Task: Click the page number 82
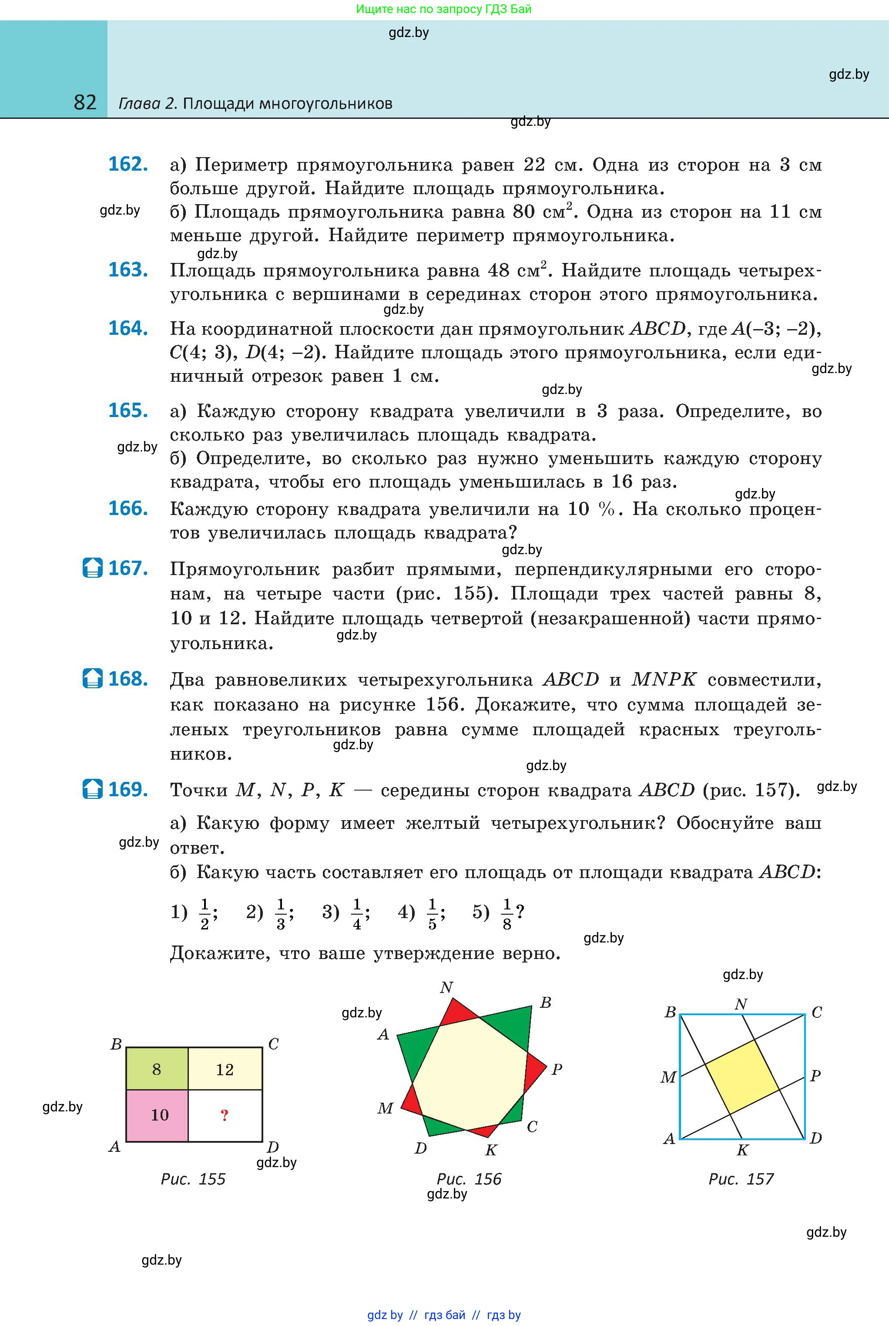pyautogui.click(x=85, y=103)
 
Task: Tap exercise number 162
pyautogui.click(x=128, y=165)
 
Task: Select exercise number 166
pyautogui.click(x=128, y=509)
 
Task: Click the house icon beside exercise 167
pyautogui.click(x=92, y=568)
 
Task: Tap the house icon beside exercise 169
pyautogui.click(x=92, y=790)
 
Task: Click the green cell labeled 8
pyautogui.click(x=157, y=1069)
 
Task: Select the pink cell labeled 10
pyautogui.click(x=159, y=1114)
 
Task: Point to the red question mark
pyautogui.click(x=225, y=1115)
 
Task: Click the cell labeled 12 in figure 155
pyautogui.click(x=225, y=1069)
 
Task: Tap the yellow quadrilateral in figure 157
pyautogui.click(x=743, y=1075)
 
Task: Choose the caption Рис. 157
pyautogui.click(x=741, y=1179)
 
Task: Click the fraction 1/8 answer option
pyautogui.click(x=507, y=914)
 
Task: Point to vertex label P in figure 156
pyautogui.click(x=557, y=1069)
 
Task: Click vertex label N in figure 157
pyautogui.click(x=741, y=1004)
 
